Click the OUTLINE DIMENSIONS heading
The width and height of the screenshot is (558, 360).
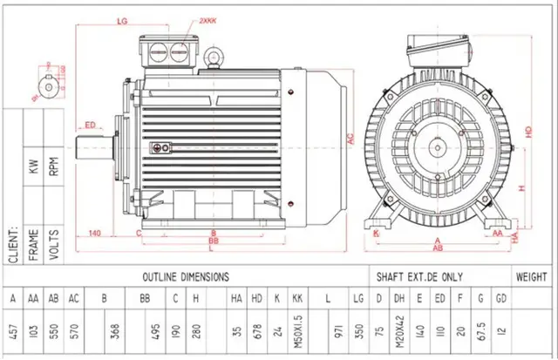pyautogui.click(x=187, y=276)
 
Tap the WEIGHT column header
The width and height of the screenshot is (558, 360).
pyautogui.click(x=531, y=276)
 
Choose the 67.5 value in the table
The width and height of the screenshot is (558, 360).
pyautogui.click(x=480, y=334)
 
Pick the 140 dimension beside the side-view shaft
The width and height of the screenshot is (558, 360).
pyautogui.click(x=94, y=233)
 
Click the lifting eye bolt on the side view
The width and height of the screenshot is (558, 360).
pyautogui.click(x=211, y=58)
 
